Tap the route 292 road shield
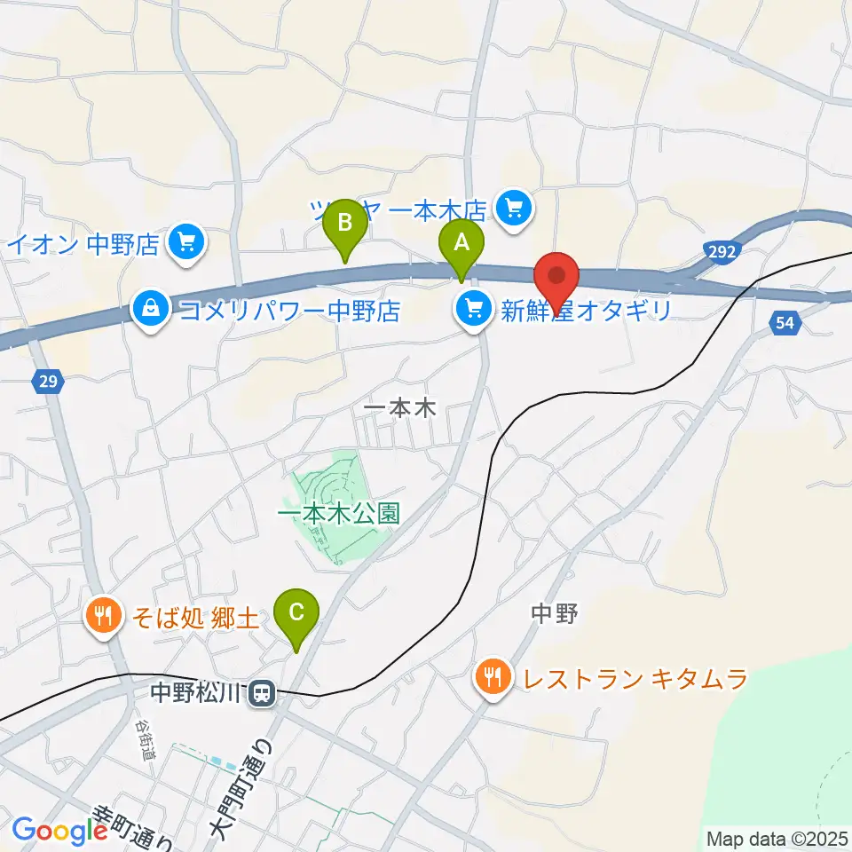point(722,252)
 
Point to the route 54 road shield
point(784,324)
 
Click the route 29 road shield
point(49,382)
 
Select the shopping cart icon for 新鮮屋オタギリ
point(473,310)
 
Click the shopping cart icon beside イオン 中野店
point(185,241)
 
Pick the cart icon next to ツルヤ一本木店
point(513,209)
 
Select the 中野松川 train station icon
point(261,692)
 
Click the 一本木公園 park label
point(339,513)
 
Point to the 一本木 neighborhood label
point(401,409)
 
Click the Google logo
point(60,831)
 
